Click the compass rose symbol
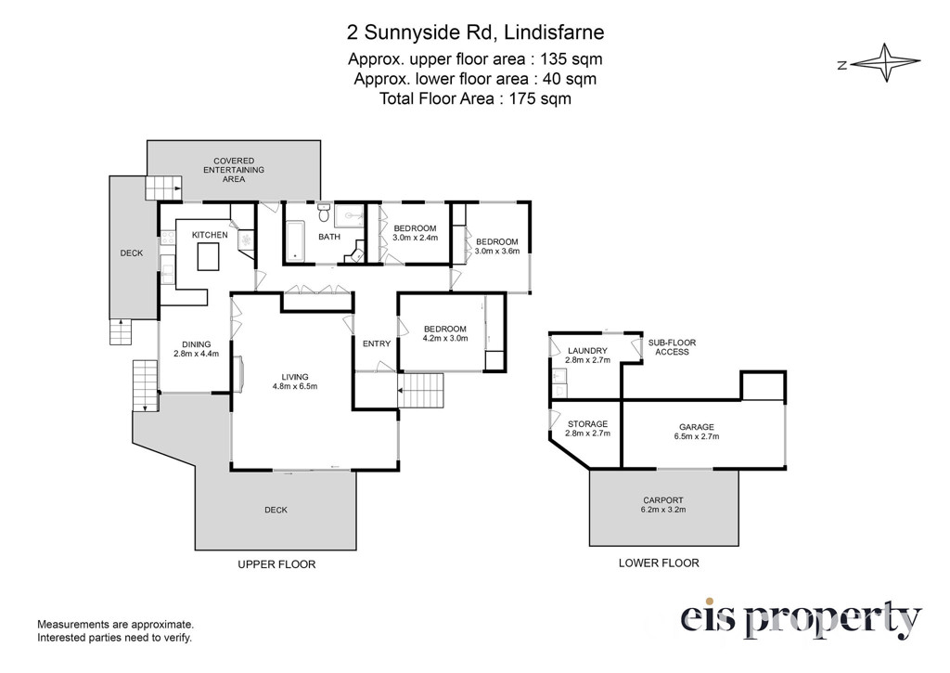886,62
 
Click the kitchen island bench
209,256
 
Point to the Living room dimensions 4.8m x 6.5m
294,386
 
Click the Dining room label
197,344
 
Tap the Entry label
377,343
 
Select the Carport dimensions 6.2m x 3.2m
663,510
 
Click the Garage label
697,427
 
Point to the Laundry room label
587,351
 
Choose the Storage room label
587,424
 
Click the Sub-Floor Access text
672,347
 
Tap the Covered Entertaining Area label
233,170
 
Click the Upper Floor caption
276,564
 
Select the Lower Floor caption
659,563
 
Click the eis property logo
801,619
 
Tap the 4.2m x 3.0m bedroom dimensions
445,338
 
